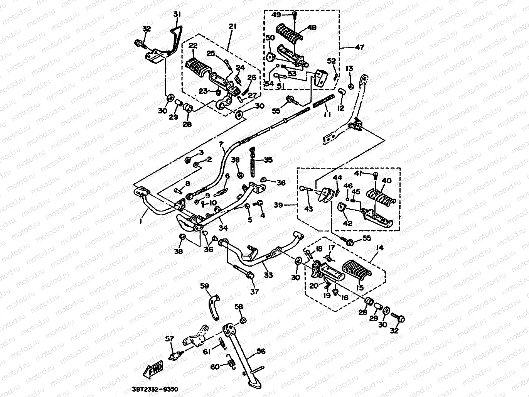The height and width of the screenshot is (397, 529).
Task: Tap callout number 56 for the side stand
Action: (x=261, y=351)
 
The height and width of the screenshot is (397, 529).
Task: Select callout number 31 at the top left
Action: (x=177, y=14)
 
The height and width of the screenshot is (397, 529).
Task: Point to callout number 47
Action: (x=359, y=47)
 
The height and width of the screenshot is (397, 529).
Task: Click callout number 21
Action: (x=232, y=26)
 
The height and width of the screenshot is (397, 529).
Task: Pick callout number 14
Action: (x=379, y=248)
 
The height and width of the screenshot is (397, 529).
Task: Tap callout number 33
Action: (x=268, y=275)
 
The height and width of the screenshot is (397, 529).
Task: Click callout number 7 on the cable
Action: (x=221, y=145)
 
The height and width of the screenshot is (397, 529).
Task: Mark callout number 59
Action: (x=204, y=286)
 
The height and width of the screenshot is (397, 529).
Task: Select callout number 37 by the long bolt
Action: (x=254, y=292)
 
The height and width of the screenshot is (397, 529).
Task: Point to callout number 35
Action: (x=268, y=160)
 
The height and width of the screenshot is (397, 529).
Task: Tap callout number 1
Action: (x=141, y=222)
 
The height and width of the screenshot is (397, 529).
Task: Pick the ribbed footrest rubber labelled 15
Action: (x=357, y=268)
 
